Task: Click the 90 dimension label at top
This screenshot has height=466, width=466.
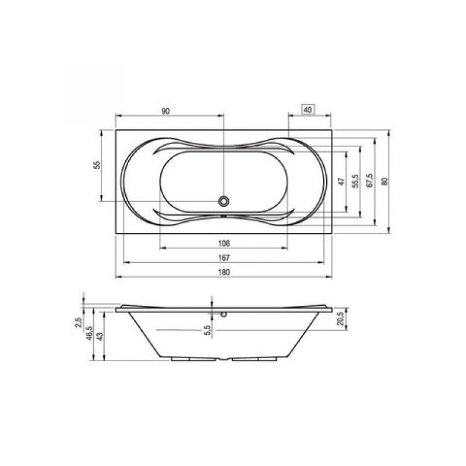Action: pos(165,111)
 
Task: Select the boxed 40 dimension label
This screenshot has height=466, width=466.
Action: pos(308,110)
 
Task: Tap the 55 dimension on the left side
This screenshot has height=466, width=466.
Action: pos(97,165)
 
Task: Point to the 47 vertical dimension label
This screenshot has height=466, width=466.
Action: pos(341,181)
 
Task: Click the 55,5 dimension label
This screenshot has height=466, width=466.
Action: pos(355,181)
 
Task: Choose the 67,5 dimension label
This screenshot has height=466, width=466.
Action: pos(370,181)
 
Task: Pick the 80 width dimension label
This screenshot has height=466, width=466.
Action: pos(384,181)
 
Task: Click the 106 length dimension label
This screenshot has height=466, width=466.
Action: pos(224,243)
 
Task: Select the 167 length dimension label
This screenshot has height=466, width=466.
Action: pos(224,257)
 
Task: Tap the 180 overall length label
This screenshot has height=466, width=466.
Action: pos(224,272)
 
